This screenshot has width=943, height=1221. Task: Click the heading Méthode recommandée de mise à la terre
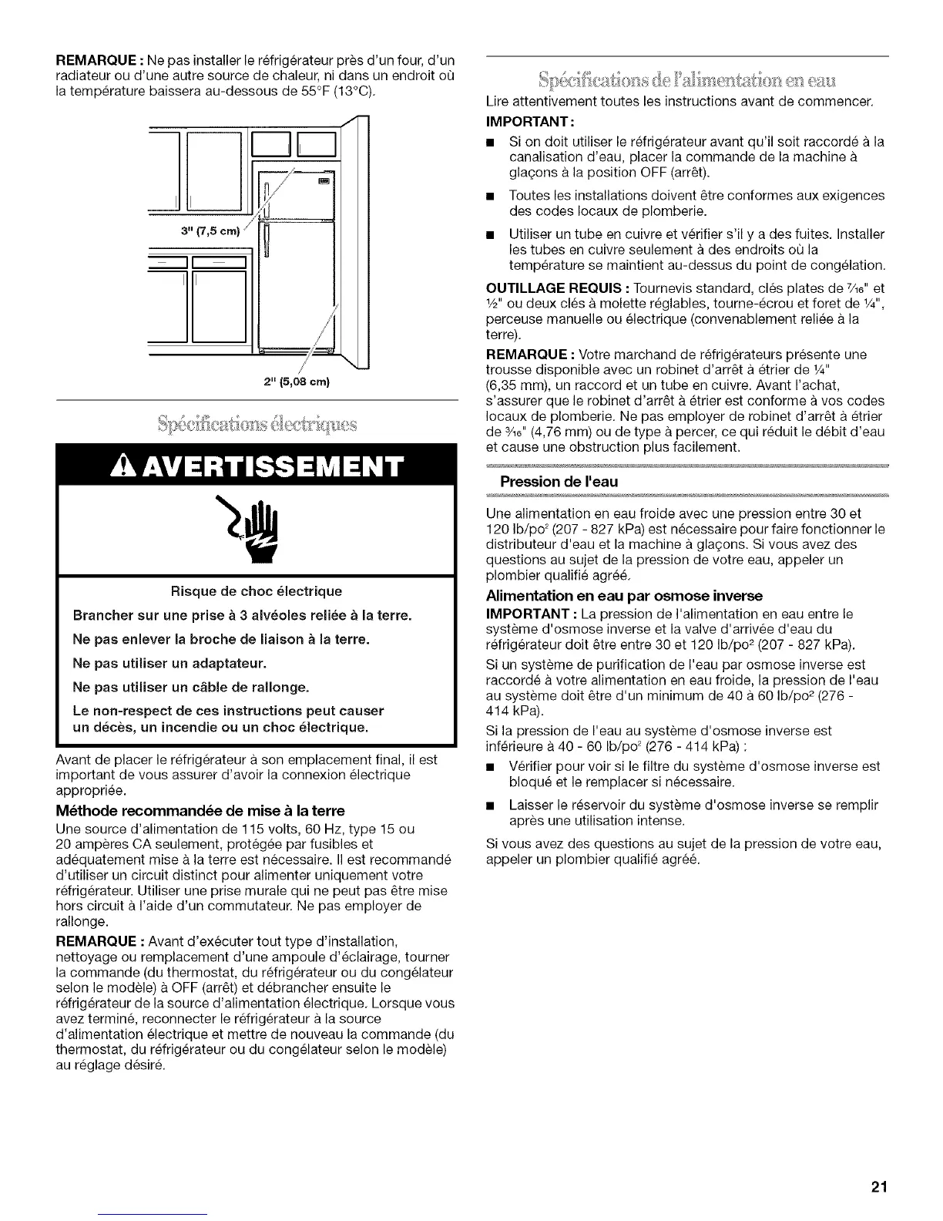200,810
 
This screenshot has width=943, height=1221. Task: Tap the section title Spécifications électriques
257,422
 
